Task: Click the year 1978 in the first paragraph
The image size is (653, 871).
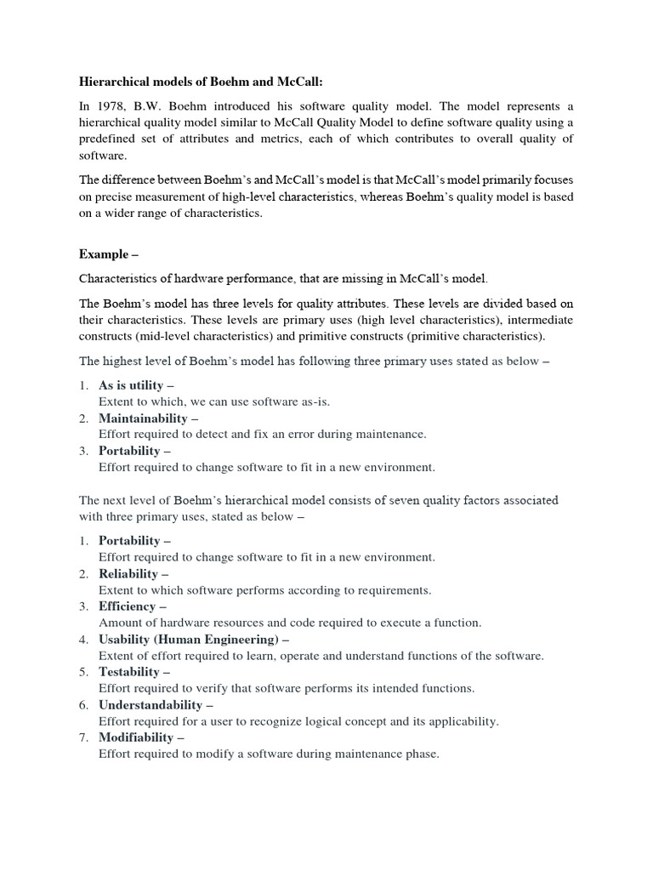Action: click(107, 105)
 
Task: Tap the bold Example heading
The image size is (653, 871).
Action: click(106, 253)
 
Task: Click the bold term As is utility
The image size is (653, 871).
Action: click(131, 385)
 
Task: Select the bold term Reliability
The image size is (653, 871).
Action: click(128, 573)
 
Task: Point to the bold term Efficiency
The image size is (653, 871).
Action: click(128, 606)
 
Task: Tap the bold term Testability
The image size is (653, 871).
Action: click(129, 672)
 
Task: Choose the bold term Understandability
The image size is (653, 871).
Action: click(150, 704)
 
